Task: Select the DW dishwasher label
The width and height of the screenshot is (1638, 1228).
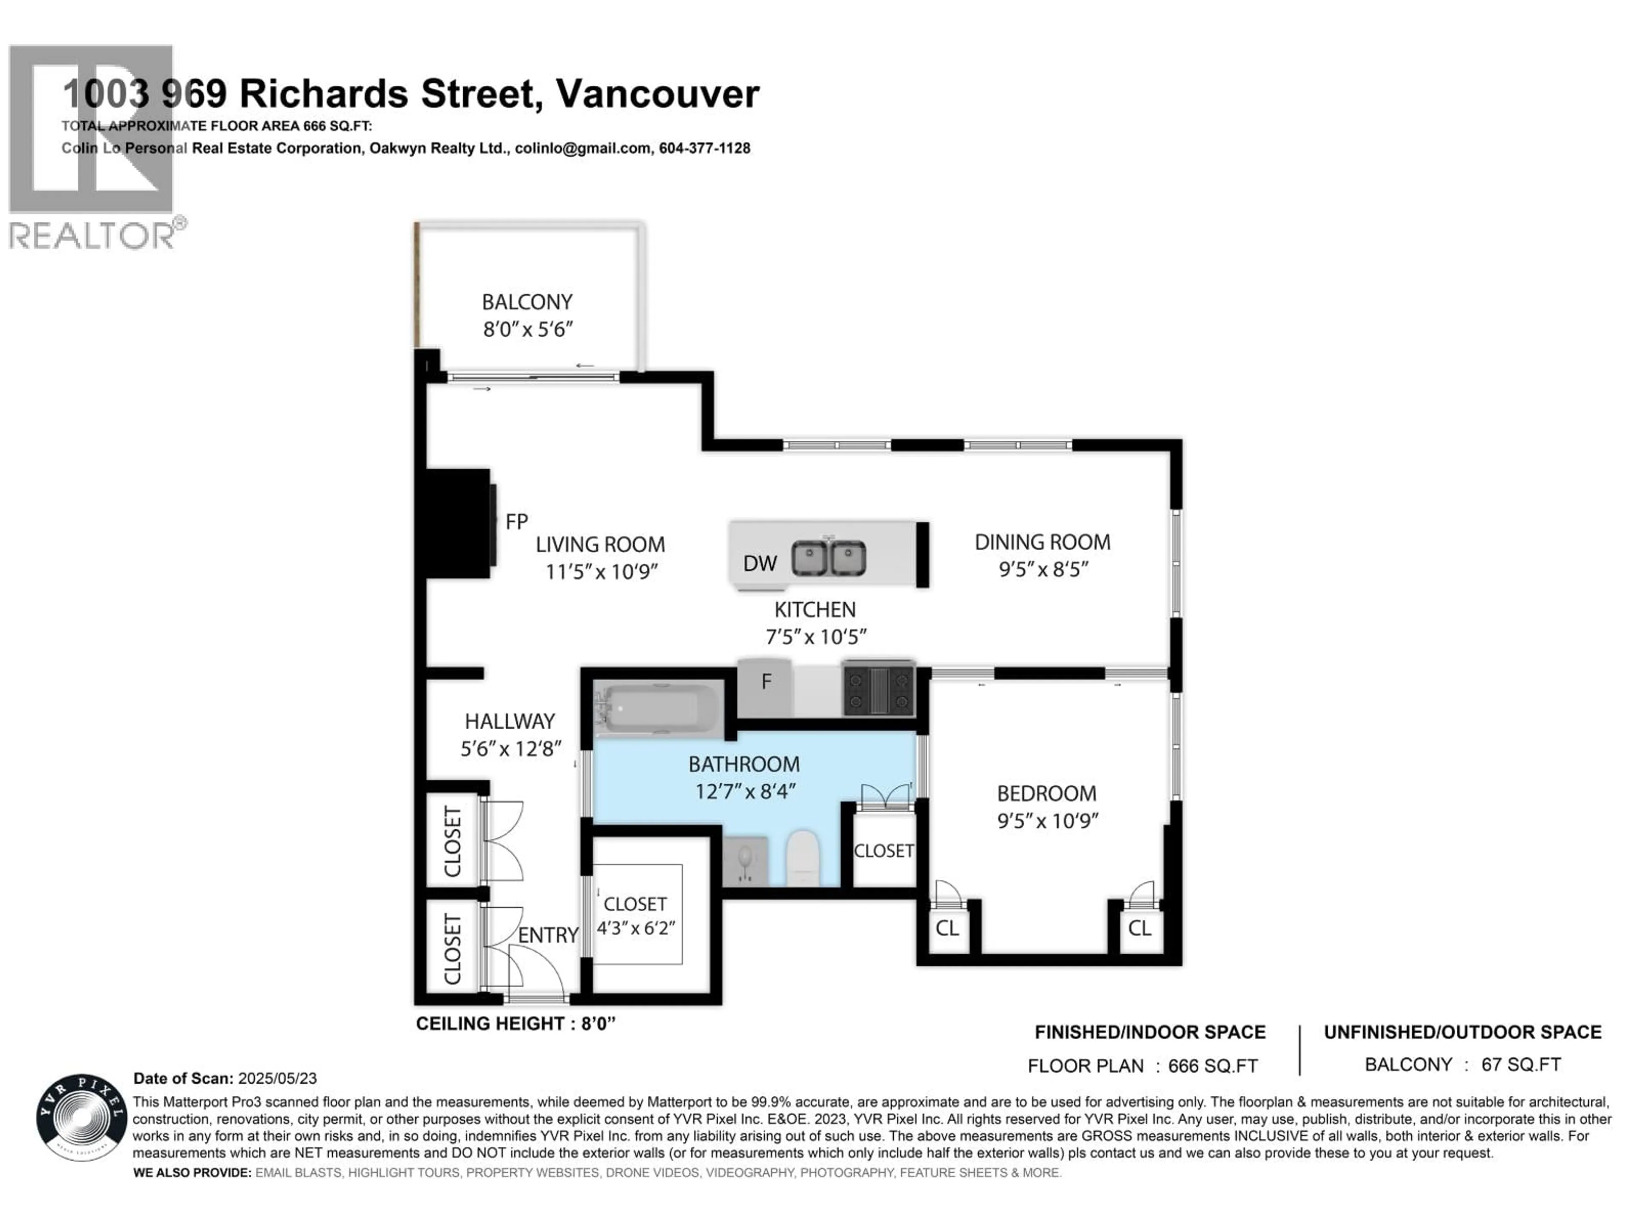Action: click(760, 564)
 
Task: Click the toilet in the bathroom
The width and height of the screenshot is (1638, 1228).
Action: click(802, 859)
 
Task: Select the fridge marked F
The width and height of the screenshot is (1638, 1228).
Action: click(766, 682)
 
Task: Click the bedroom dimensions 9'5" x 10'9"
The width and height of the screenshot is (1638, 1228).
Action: click(1046, 821)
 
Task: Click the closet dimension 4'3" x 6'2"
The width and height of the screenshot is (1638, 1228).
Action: click(636, 927)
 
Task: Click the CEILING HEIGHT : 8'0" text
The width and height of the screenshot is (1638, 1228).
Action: click(515, 1024)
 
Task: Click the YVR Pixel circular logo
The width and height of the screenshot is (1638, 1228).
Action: click(81, 1118)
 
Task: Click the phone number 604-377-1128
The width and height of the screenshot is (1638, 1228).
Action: click(704, 148)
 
